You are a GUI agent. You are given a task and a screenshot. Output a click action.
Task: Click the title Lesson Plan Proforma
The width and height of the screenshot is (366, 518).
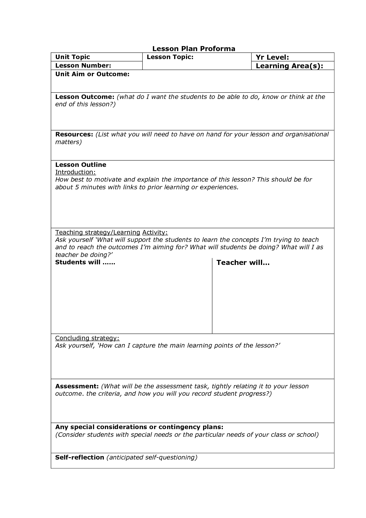pyautogui.click(x=194, y=49)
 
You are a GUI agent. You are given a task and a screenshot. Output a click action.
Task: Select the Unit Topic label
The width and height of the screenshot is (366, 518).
pyautogui.click(x=73, y=57)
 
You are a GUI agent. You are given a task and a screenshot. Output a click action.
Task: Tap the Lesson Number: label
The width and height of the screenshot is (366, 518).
pyautogui.click(x=83, y=66)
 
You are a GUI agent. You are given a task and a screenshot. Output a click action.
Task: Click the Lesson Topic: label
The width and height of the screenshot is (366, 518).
pyautogui.click(x=170, y=57)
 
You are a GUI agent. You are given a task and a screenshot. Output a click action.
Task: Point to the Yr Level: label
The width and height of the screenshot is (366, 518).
pyautogui.click(x=272, y=57)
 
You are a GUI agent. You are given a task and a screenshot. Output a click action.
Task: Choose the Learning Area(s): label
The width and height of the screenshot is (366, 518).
pyautogui.click(x=289, y=66)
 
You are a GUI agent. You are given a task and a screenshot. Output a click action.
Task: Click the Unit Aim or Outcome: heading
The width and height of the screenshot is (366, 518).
pyautogui.click(x=92, y=74)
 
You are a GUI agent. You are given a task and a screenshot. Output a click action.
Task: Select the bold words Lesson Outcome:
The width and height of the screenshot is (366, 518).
pyautogui.click(x=85, y=97)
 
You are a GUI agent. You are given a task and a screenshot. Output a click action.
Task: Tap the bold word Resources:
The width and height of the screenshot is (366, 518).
pyautogui.click(x=74, y=134)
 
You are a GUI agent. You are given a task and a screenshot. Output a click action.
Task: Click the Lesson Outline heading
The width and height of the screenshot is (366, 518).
pyautogui.click(x=81, y=165)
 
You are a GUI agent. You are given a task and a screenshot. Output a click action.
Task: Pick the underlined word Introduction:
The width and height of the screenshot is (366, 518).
pyautogui.click(x=76, y=172)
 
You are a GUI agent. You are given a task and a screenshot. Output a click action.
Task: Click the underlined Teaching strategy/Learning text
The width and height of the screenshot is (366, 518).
pyautogui.click(x=97, y=232)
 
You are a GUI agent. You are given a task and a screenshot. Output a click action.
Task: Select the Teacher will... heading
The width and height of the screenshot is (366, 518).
pyautogui.click(x=243, y=263)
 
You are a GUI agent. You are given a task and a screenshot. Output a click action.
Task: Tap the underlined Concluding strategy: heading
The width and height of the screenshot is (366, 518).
pyautogui.click(x=87, y=338)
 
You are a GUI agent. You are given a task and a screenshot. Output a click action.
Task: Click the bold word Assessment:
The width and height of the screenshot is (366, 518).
pyautogui.click(x=77, y=386)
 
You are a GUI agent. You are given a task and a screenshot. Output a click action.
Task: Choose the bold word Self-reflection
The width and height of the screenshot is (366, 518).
pyautogui.click(x=80, y=457)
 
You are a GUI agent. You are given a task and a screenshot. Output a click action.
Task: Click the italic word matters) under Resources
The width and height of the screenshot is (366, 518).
pyautogui.click(x=68, y=142)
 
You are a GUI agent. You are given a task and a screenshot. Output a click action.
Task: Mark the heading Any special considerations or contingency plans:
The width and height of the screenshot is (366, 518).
pyautogui.click(x=139, y=427)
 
